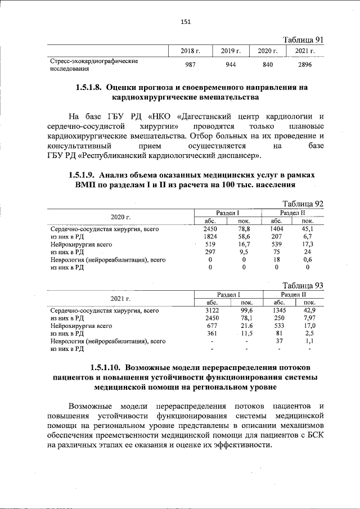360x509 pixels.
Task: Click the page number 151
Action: (186, 22)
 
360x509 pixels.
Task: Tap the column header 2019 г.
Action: (231, 51)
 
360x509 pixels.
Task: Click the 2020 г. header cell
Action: (120, 217)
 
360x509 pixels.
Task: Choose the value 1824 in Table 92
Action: (210, 237)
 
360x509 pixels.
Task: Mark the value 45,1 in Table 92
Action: (308, 229)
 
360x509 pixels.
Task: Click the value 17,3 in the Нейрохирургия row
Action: (308, 245)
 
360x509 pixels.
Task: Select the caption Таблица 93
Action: (303, 285)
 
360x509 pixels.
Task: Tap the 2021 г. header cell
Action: (120, 298)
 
